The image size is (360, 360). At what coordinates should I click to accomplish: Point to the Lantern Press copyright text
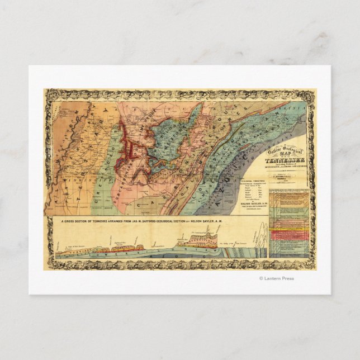tap(276, 278)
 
